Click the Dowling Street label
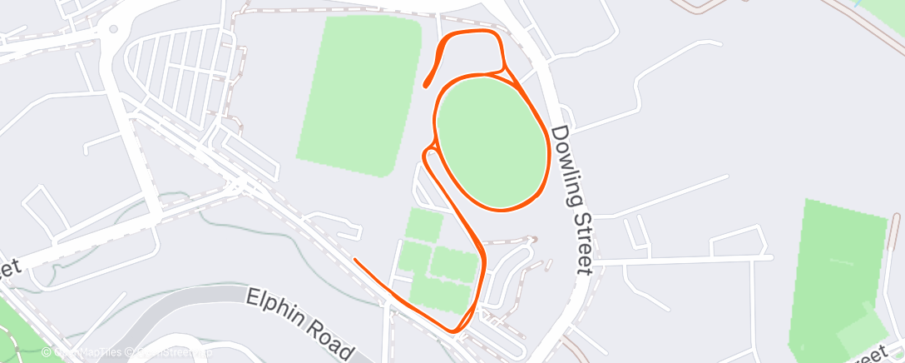(x=571, y=199)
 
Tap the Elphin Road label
(x=302, y=322)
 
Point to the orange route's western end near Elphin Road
(x=356, y=260)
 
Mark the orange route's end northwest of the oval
(x=426, y=85)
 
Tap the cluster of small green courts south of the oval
(x=437, y=262)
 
